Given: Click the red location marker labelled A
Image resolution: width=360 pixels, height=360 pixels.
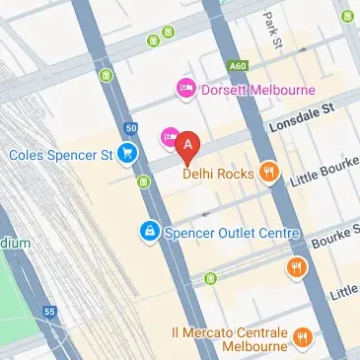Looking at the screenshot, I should pyautogui.click(x=189, y=144).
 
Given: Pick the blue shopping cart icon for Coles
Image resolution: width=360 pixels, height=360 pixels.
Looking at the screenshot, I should pyautogui.click(x=127, y=153).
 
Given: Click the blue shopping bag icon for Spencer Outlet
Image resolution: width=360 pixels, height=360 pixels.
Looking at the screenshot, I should pyautogui.click(x=148, y=233).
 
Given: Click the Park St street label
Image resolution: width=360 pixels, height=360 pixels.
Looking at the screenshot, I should pyautogui.click(x=272, y=31).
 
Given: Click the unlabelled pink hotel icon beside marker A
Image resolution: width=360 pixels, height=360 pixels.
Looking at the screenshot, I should pyautogui.click(x=169, y=134).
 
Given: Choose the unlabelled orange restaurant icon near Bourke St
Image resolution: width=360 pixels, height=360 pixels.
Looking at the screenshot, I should pyautogui.click(x=296, y=267).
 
